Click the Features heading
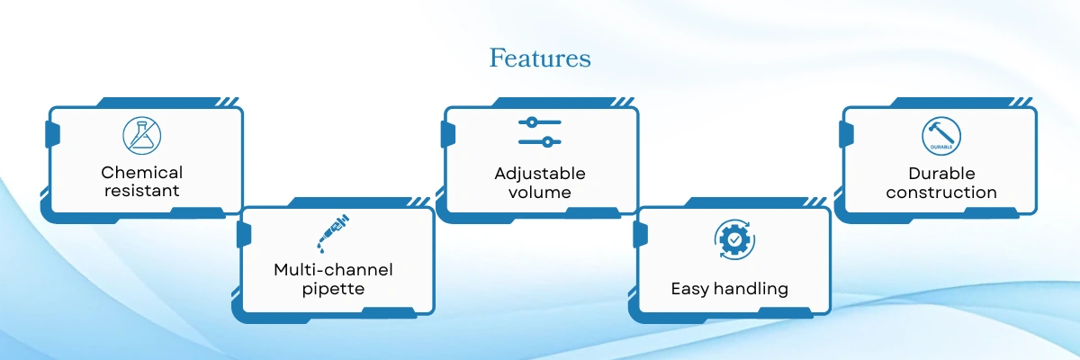pos(540,58)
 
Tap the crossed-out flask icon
pos(142,135)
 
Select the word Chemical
pos(142,172)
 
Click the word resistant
pos(142,191)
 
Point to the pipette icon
pos(333,233)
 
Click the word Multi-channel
pos(333,269)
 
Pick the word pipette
pos(333,289)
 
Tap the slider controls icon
pos(539,132)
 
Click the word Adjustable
pos(539,174)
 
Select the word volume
pos(539,193)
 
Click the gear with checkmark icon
pos(734,239)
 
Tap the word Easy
pos(690,289)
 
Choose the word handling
pos(751,289)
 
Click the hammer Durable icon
pos(941,136)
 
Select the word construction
pos(941,193)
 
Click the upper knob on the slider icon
pos(531,122)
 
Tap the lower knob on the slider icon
pos(547,142)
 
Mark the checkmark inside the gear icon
pos(734,239)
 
